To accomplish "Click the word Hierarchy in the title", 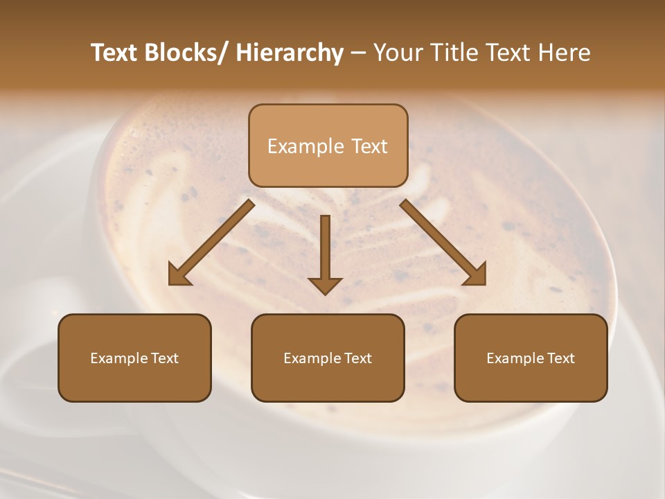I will [x=290, y=53].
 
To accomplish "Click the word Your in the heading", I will [x=399, y=53].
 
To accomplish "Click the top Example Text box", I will [x=328, y=146].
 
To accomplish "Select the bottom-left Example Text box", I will [x=134, y=358].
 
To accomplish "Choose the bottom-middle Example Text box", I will [x=328, y=358].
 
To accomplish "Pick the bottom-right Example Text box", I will [x=531, y=358].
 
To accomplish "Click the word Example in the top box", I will [x=296, y=146].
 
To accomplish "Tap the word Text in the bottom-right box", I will [x=561, y=358].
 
